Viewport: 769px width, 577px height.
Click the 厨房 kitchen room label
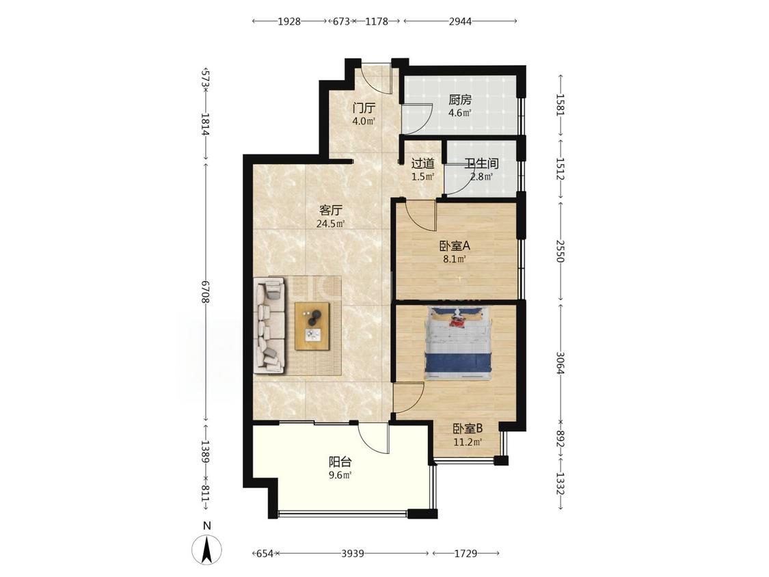(459, 100)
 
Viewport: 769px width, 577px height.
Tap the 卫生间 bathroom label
(481, 163)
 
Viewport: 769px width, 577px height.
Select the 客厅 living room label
(331, 211)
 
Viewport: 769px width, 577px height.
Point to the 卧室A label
(455, 246)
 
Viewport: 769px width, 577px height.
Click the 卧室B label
(468, 429)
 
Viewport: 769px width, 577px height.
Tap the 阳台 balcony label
(340, 461)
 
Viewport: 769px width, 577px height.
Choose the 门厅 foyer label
(364, 107)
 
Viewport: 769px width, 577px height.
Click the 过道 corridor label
(422, 163)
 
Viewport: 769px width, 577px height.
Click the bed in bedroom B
(459, 343)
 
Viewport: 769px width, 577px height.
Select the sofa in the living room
(269, 325)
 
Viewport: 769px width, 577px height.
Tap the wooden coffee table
(312, 326)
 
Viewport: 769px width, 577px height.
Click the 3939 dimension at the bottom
(353, 554)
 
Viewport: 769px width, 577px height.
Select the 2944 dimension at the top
(460, 21)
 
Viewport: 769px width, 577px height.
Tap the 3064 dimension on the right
(560, 362)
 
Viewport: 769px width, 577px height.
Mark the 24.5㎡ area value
(331, 224)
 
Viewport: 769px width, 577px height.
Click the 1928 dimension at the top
(289, 21)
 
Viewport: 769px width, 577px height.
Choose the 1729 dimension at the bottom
(466, 554)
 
